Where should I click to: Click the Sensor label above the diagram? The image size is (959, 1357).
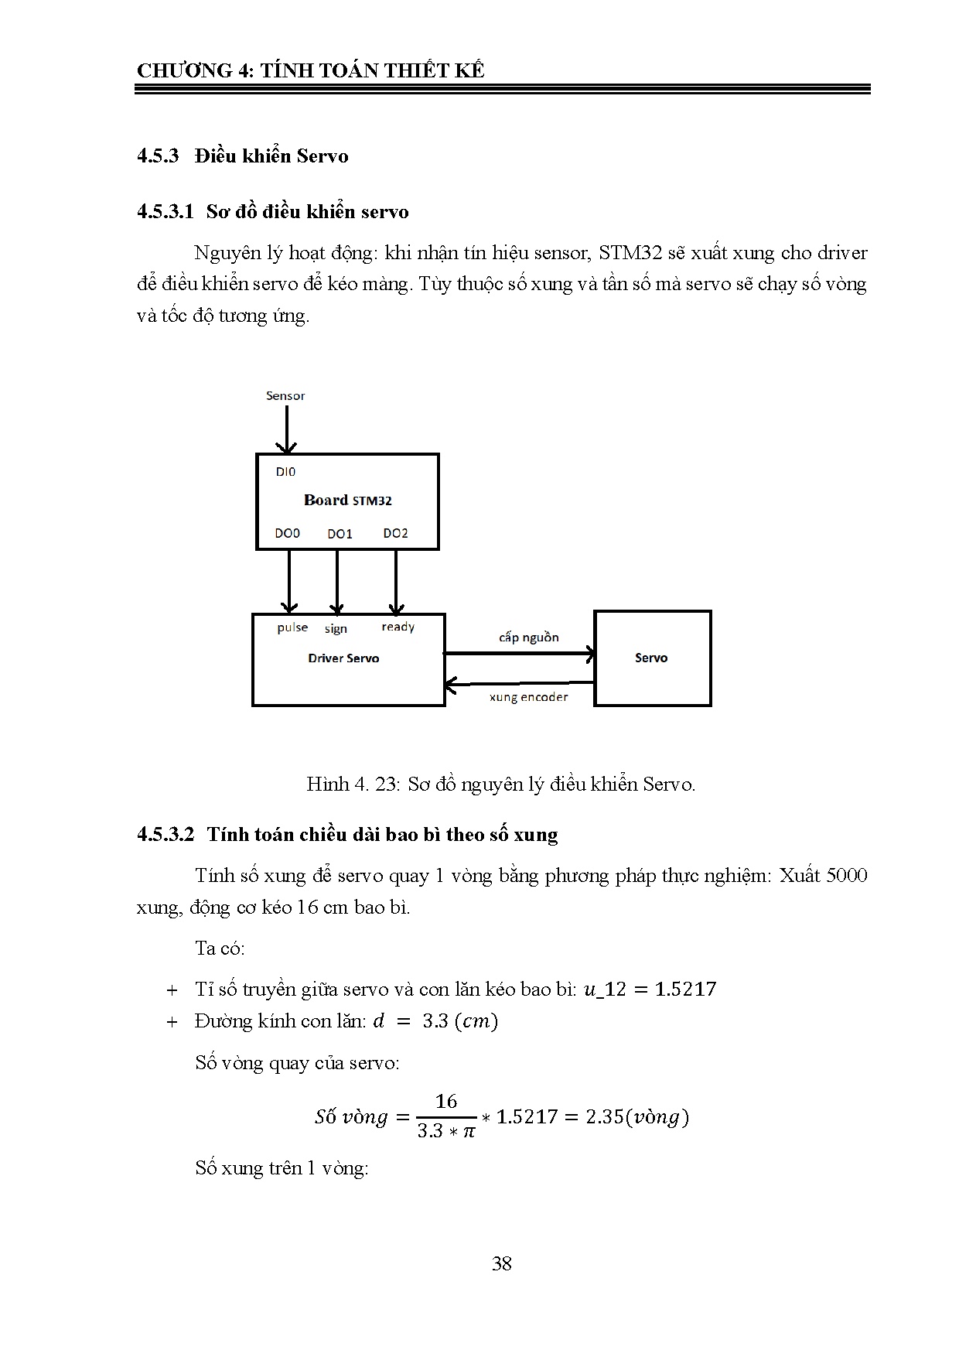pos(285,395)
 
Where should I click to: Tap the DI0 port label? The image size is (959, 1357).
pos(285,471)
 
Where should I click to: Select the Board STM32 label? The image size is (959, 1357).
pos(347,500)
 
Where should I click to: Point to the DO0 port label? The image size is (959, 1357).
pos(287,533)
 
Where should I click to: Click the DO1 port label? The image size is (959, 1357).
pos(340,534)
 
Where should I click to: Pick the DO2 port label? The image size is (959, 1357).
pos(395,533)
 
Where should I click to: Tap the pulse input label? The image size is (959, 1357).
pos(292,627)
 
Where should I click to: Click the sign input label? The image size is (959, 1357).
pos(336,629)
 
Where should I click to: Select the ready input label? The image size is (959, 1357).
pos(398,627)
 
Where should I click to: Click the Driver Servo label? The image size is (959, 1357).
pos(343,658)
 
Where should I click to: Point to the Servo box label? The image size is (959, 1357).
pos(651,658)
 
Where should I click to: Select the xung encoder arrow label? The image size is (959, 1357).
pos(528,697)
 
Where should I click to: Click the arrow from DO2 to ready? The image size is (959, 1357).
pos(395,581)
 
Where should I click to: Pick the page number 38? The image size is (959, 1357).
pos(501,1263)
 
